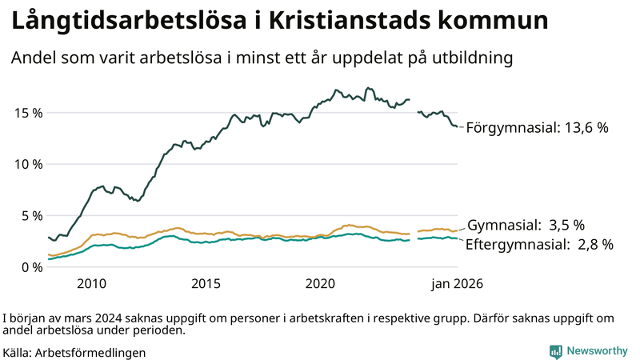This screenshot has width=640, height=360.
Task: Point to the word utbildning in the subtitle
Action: [472, 58]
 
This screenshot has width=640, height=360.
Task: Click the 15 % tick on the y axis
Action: [27, 113]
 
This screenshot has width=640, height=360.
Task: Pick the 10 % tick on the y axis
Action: [27, 164]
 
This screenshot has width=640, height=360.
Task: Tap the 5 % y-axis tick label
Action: [30, 215]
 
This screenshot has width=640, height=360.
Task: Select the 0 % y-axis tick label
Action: [30, 266]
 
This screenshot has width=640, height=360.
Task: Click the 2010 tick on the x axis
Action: [91, 283]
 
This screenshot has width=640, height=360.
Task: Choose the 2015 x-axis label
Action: [206, 283]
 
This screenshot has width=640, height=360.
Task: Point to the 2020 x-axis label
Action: [320, 283]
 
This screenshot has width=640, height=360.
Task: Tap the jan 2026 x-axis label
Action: [457, 283]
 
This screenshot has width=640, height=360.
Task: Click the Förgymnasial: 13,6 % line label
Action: [538, 127]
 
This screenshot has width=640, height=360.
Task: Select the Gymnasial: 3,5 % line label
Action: [526, 225]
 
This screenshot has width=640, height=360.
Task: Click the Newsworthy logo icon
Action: [555, 351]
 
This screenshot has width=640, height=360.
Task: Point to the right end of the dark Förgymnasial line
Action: [457, 126]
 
